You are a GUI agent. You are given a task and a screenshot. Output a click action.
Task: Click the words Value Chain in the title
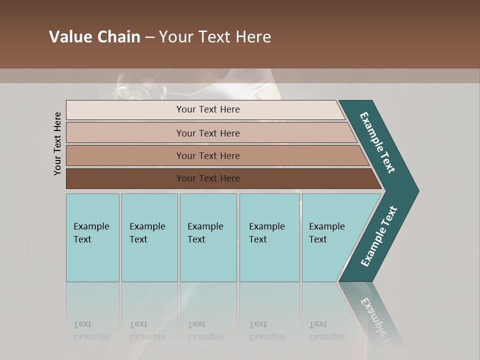[x=94, y=37]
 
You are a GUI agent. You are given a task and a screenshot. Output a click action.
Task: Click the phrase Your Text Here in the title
[x=215, y=37]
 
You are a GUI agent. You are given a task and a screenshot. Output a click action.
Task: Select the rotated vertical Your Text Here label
[x=57, y=143]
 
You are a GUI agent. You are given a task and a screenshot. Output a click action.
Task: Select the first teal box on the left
[x=92, y=237]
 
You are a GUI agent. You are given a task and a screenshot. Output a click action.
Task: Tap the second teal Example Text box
[x=149, y=237]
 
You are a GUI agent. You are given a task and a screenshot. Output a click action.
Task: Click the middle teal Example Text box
[x=208, y=237]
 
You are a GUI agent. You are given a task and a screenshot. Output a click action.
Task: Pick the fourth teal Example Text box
[x=269, y=237]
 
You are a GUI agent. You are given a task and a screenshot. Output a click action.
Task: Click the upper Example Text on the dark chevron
[x=378, y=142]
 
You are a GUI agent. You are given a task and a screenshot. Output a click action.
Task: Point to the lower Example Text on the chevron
[x=379, y=236]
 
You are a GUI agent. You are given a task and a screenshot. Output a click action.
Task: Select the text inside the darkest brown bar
[x=208, y=178]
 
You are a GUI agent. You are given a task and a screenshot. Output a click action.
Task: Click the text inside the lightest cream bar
[x=208, y=109]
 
